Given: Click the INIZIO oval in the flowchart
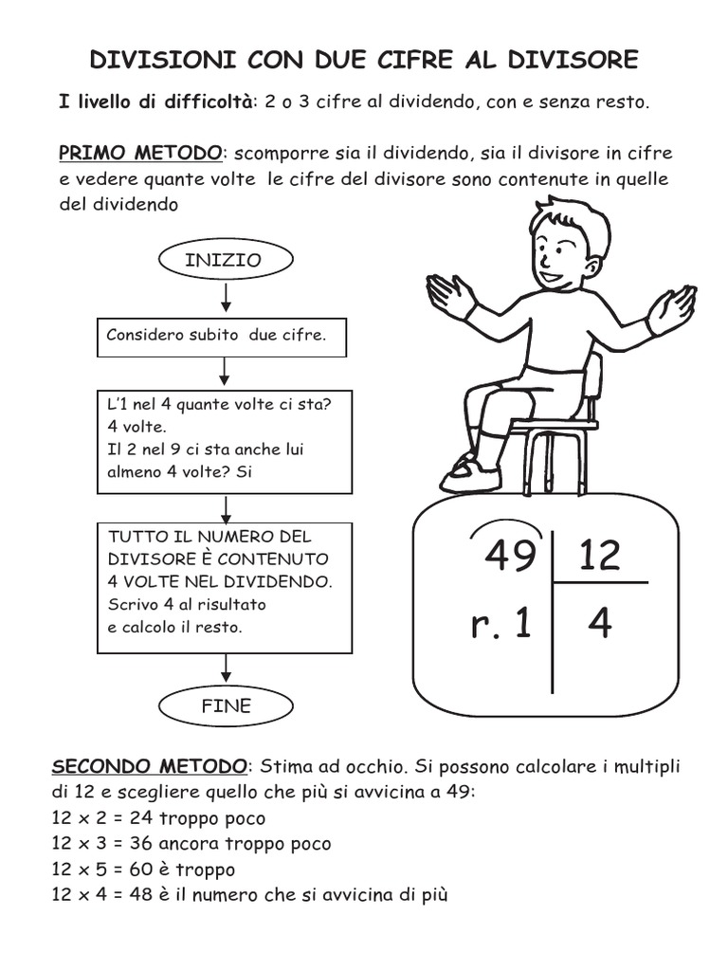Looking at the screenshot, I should point(224,260).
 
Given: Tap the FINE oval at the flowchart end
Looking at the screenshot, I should point(225,705).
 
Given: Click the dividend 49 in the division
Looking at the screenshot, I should point(510,555).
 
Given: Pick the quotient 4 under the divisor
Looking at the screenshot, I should point(599,624).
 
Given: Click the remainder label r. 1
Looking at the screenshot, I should point(500,625).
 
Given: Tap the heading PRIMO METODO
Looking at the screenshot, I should point(141,153).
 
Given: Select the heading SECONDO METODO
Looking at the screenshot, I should point(150,765).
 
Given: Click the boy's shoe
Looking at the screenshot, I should point(467,473).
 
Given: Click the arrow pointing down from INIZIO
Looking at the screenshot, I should point(226,298).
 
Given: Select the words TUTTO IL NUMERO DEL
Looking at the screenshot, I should point(209,536).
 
